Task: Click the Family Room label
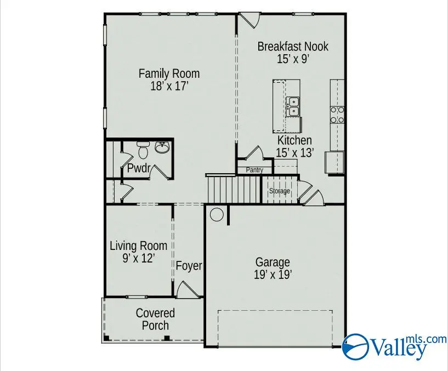click(x=169, y=79)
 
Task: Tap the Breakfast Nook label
click(x=293, y=52)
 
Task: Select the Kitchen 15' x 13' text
click(x=294, y=147)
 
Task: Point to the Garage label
click(x=273, y=268)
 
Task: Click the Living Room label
click(x=138, y=252)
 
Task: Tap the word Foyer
click(x=189, y=266)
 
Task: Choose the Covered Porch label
click(x=155, y=319)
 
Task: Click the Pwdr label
click(x=139, y=169)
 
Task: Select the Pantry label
click(x=254, y=170)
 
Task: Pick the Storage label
click(x=279, y=191)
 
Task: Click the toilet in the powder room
click(x=143, y=150)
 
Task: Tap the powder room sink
click(x=162, y=147)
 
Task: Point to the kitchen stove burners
click(x=337, y=114)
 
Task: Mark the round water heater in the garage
click(x=217, y=214)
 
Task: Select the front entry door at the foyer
click(x=185, y=289)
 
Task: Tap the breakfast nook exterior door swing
click(x=249, y=20)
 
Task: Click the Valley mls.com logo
click(x=394, y=345)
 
